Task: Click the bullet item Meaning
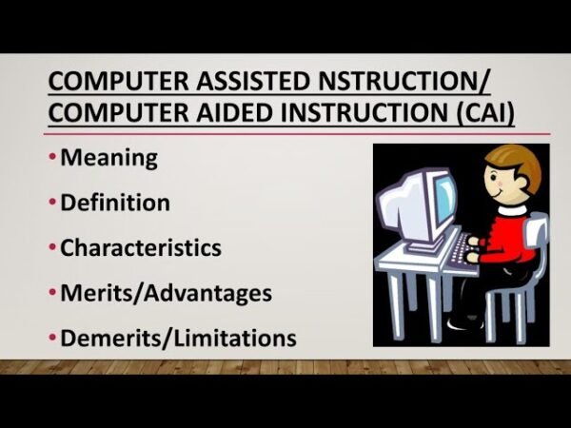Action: (x=108, y=158)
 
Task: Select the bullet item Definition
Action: (x=115, y=203)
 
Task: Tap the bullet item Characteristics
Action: (x=141, y=248)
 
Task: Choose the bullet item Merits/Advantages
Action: (x=166, y=293)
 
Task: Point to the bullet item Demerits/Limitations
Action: (x=178, y=338)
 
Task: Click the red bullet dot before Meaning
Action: (x=53, y=159)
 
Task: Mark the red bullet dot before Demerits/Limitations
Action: (x=53, y=339)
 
